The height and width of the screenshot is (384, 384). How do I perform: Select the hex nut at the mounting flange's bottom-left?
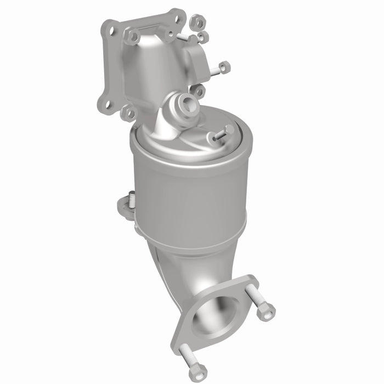[x=130, y=113]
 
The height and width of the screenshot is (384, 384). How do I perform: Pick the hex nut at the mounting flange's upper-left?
[x=132, y=37]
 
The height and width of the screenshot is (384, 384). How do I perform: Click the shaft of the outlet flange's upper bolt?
[x=255, y=296]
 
